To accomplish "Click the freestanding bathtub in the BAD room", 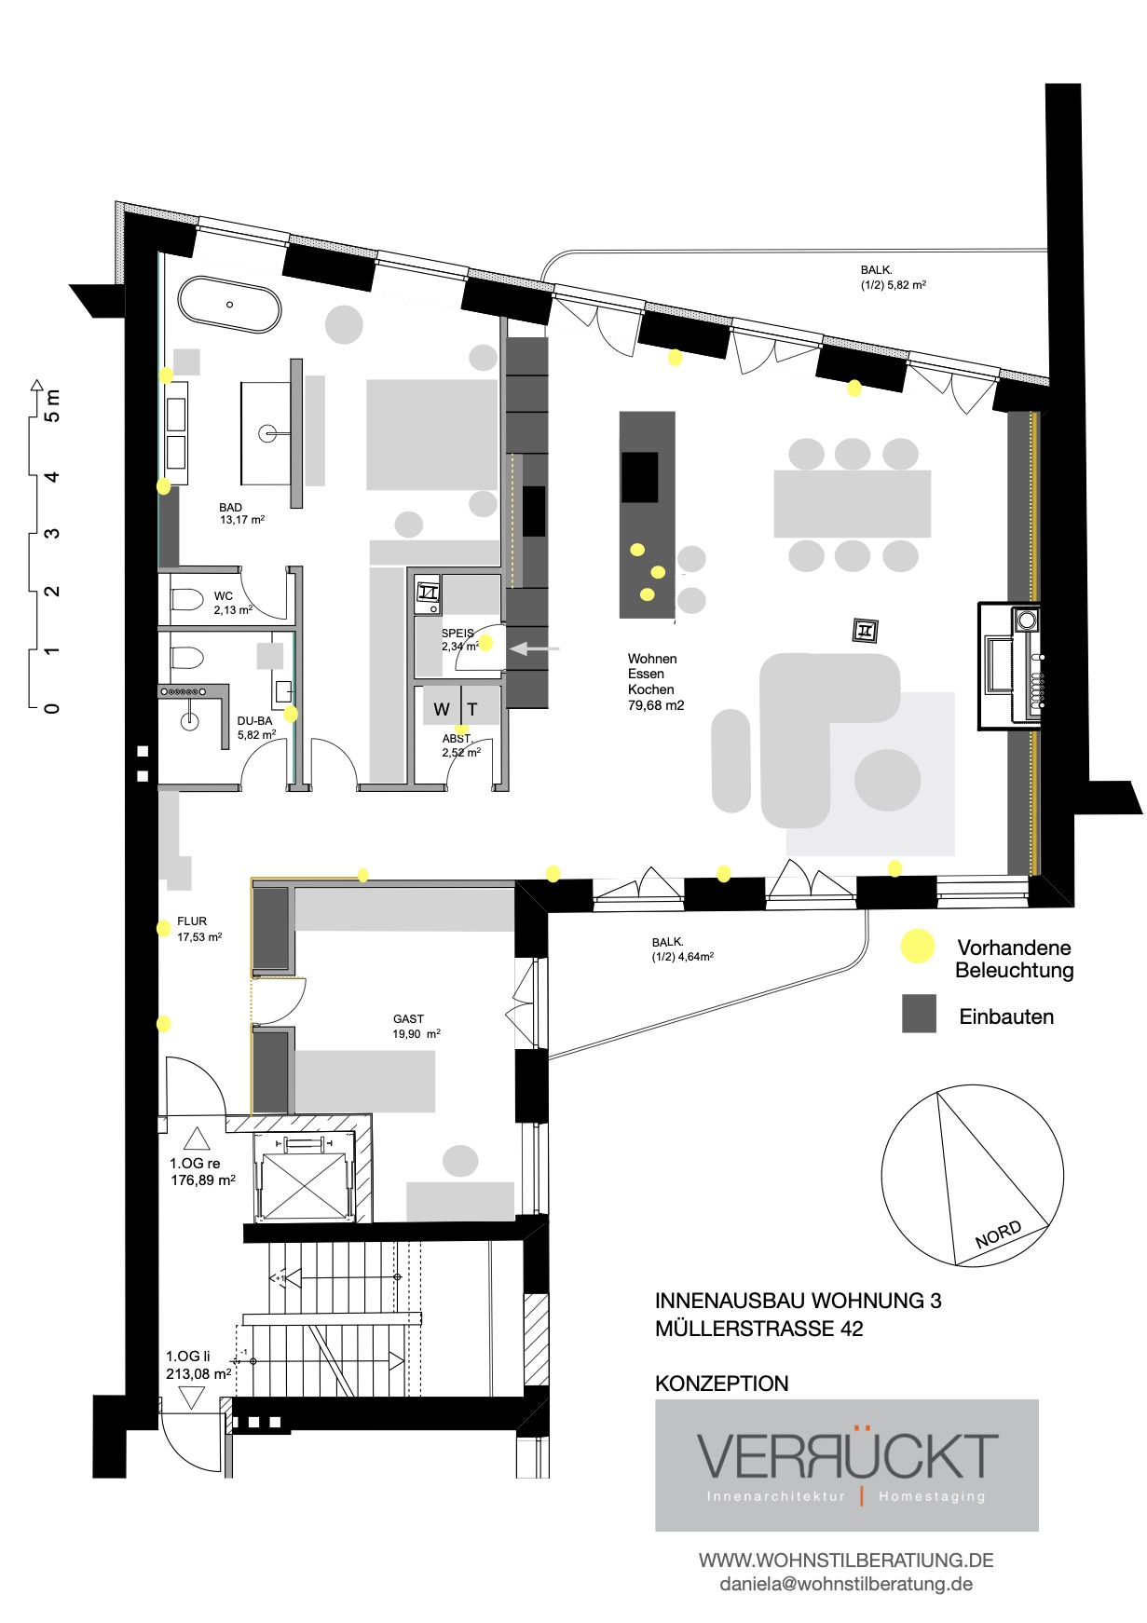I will coord(229,304).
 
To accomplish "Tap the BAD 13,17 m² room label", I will coord(240,514).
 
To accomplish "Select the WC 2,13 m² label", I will coord(231,603).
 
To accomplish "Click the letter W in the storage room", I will coord(442,710).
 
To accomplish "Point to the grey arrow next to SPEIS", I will coord(534,648).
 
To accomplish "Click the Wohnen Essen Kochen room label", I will coord(654,682).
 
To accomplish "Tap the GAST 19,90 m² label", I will coord(416,1026).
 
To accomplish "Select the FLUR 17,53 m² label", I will coord(198,929).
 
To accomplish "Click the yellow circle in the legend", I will coord(918,947).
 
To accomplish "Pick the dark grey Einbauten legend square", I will coord(919,1014).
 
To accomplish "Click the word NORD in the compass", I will coord(998,1234).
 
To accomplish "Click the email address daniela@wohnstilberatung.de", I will coord(846,1584).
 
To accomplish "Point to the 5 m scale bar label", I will coord(52,405).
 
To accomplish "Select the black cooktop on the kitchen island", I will coord(640,477).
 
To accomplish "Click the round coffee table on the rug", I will coord(887,780).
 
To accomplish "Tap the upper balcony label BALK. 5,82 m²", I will coord(893,278).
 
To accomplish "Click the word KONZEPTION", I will coord(721,1384).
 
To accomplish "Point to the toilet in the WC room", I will coord(188,599).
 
